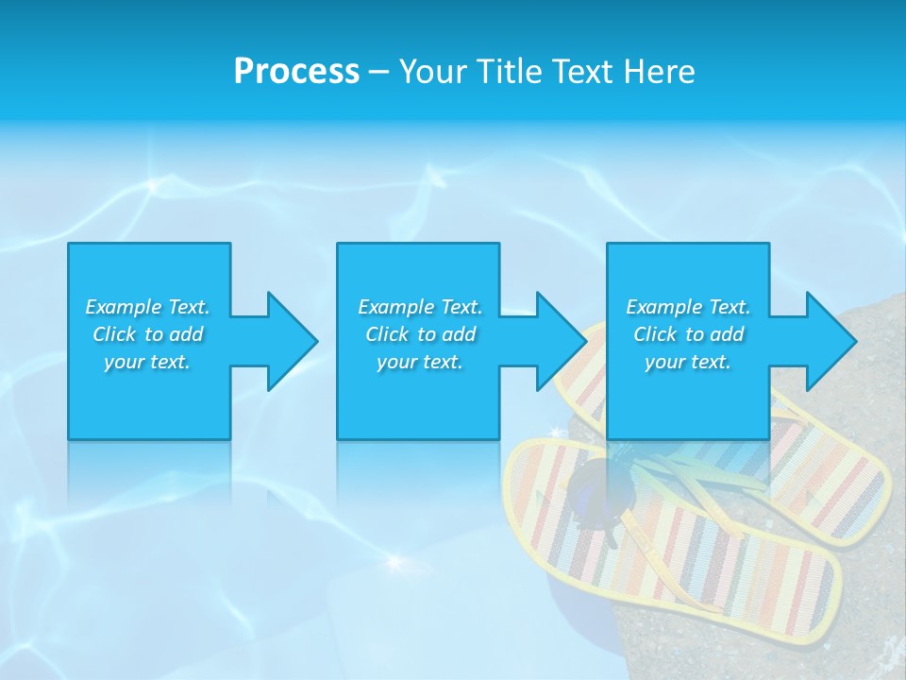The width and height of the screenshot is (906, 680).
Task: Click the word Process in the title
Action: pos(296,72)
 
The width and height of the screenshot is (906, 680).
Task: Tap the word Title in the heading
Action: pos(510,72)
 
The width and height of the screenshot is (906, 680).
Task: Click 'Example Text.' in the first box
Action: pos(147,307)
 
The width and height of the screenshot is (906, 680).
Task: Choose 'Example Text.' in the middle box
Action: pos(420,307)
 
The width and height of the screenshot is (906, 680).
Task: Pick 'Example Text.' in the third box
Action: pos(688,307)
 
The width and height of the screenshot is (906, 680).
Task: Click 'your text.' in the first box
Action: pos(147,362)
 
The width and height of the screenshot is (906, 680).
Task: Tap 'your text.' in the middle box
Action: pos(420,362)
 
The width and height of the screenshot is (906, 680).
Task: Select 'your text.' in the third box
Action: pos(688,362)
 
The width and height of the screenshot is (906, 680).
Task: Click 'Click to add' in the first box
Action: pos(147,334)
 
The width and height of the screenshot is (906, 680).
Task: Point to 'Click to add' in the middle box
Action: pos(420,334)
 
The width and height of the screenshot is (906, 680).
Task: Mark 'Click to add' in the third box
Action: pos(688,334)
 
